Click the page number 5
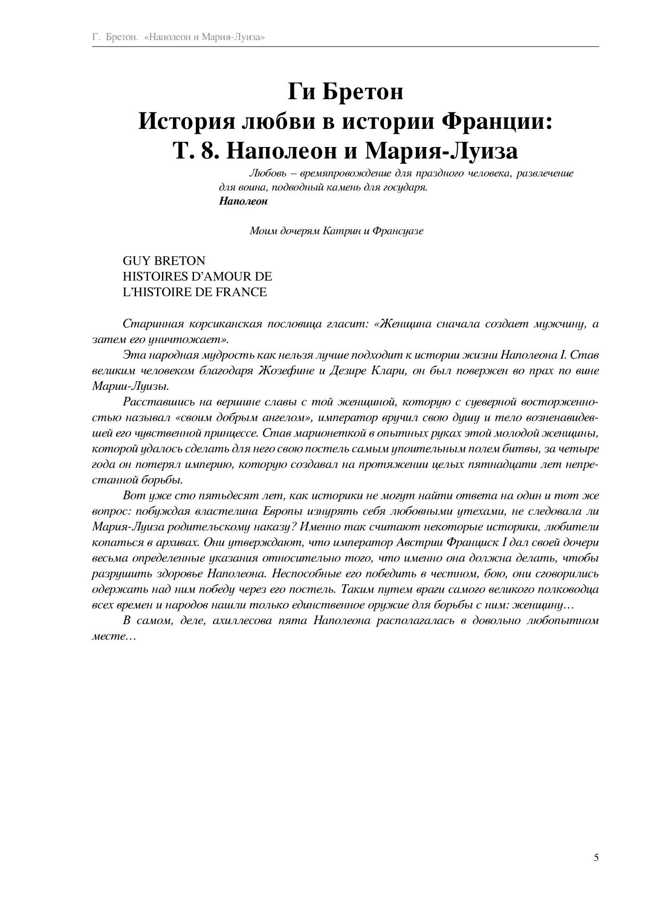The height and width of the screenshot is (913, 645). tap(596, 857)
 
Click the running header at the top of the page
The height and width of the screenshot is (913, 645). tap(178, 37)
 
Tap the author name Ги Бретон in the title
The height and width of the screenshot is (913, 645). tap(345, 92)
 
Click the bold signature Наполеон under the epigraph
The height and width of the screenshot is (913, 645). tap(243, 201)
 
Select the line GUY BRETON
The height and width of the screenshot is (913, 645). tap(164, 261)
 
